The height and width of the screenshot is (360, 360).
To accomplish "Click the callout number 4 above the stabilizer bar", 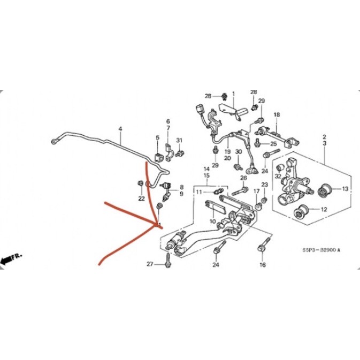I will [120, 129].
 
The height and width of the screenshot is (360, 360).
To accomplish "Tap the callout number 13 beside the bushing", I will [345, 189].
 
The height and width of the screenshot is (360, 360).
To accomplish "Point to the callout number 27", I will [150, 264].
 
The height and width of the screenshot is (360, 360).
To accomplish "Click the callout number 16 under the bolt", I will [262, 264].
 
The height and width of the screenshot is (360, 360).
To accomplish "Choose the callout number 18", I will [277, 115].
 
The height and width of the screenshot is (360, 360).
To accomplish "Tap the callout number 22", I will [142, 198].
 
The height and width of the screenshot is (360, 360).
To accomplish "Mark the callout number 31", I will [180, 141].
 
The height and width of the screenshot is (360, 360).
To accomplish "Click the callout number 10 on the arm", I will [212, 221].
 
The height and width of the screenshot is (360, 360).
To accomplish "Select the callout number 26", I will [243, 178].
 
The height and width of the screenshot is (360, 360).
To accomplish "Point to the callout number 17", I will [256, 191].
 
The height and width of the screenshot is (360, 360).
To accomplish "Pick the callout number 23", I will [264, 185].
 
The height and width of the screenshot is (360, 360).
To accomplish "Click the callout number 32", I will [278, 175].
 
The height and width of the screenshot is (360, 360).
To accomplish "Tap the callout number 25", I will [273, 144].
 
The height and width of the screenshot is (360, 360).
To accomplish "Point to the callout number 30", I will [239, 152].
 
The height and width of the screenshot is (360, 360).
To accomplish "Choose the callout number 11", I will [198, 192].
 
